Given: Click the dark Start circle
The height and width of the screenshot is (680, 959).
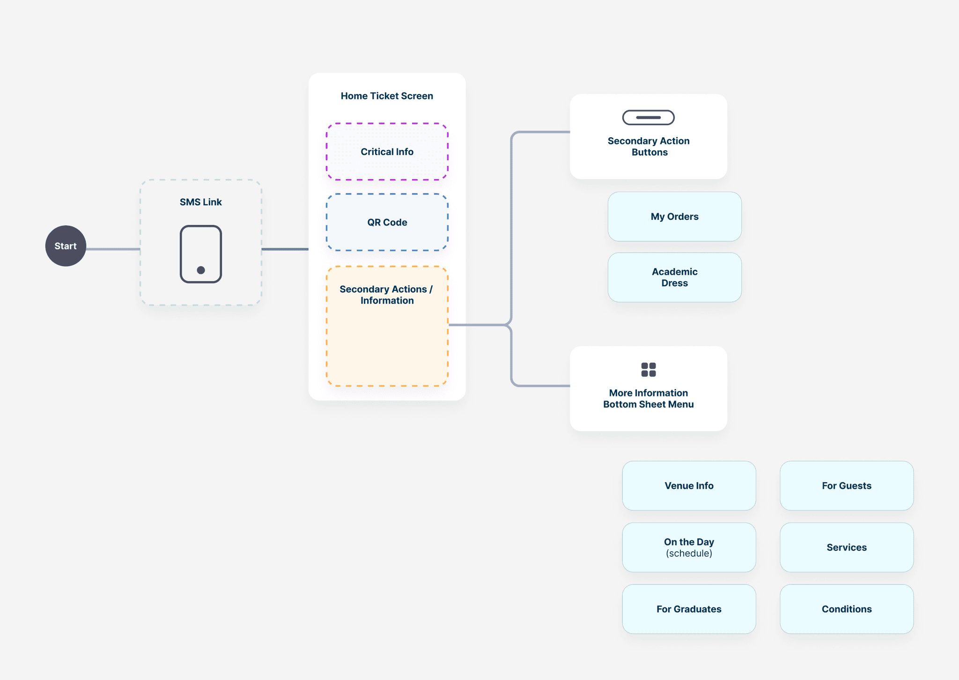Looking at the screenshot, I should (x=66, y=246).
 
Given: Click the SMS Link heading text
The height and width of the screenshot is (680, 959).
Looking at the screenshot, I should (x=200, y=202).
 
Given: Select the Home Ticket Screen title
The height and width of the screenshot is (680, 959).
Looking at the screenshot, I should (x=387, y=96).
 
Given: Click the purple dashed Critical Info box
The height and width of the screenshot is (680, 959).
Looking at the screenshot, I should (x=387, y=152).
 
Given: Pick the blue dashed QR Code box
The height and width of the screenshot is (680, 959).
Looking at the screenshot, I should (x=387, y=223).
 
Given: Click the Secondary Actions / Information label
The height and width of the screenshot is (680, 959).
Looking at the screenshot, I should (x=387, y=295).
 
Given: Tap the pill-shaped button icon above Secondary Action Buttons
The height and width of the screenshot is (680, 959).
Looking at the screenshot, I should (x=648, y=118).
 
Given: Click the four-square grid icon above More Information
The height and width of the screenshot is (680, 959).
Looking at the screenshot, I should (x=648, y=369).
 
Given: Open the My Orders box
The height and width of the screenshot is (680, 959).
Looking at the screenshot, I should (x=674, y=217).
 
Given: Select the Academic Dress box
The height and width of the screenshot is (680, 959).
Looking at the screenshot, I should (x=674, y=277).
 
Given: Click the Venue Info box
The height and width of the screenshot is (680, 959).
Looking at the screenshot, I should (x=689, y=486).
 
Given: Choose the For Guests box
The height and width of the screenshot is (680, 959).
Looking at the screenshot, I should (x=846, y=486).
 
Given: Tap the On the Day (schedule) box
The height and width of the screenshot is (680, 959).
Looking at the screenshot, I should (x=689, y=547).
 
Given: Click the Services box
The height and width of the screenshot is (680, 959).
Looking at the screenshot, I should (x=846, y=547).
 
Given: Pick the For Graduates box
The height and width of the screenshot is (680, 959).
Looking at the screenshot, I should (x=689, y=609).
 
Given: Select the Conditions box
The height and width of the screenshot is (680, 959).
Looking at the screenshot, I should (x=846, y=609).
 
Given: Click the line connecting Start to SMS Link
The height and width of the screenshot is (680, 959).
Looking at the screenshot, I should (x=113, y=249).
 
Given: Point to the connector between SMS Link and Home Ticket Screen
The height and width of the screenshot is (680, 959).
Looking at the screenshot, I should (x=285, y=249).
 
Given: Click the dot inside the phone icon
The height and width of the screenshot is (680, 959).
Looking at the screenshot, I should (x=201, y=270).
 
